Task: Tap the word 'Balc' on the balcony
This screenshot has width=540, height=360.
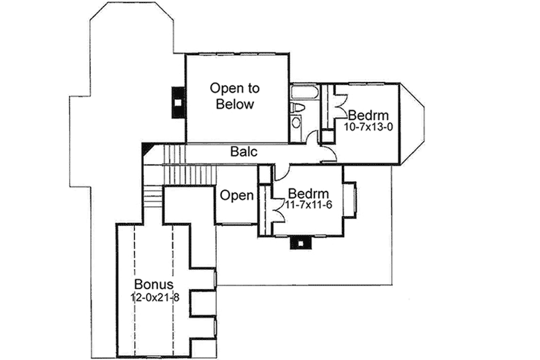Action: pos(244,152)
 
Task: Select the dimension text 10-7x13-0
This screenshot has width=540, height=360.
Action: pos(369,127)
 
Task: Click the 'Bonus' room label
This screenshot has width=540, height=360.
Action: pos(154,285)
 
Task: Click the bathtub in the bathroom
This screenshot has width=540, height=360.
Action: pos(305,93)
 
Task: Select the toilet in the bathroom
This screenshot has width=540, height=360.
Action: pos(298,108)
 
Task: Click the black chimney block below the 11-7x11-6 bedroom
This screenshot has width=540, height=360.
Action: pos(300,242)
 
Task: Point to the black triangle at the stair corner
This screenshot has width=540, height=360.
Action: pos(147,152)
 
